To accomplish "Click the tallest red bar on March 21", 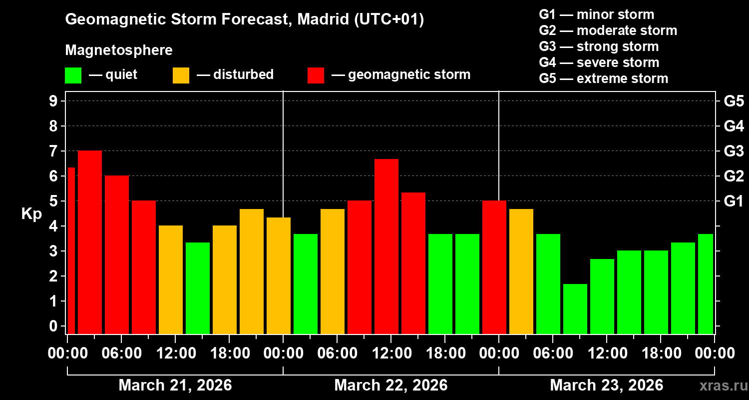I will tap(90, 242).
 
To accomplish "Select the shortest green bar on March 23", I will tap(575, 308).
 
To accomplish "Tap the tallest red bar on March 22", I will tap(386, 246).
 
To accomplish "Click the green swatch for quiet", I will tap(73, 75).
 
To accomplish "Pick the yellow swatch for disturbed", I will tap(181, 75).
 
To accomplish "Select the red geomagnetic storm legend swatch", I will tap(316, 75).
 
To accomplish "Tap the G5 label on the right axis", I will tap(734, 101).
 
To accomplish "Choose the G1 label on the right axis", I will tap(734, 201).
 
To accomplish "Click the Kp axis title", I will tap(31, 214).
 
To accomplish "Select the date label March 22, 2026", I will tap(390, 385).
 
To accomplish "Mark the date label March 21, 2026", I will tap(175, 385).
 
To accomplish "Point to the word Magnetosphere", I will tap(119, 50).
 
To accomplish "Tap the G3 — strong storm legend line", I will tap(599, 46).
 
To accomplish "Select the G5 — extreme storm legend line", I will tap(603, 78).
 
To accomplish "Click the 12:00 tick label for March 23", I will tap(606, 353).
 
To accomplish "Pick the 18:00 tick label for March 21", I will tap(229, 353).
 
